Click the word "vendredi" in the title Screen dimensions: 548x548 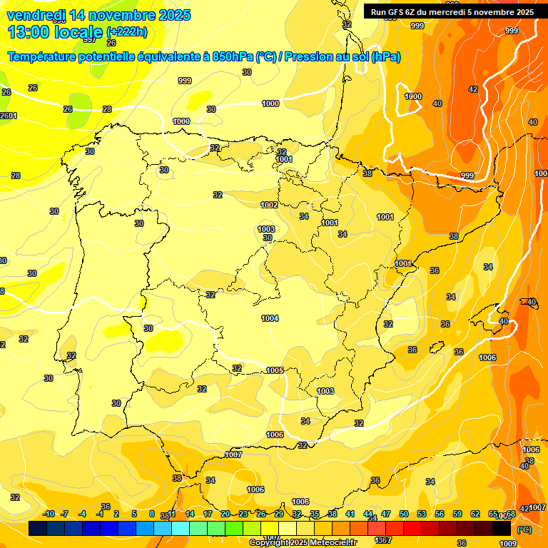point(37,15)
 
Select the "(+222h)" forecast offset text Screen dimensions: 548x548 point(126,32)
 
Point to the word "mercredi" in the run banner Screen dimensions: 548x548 point(456,12)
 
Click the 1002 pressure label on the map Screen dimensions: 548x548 point(269,205)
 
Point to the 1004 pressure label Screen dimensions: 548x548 point(270,318)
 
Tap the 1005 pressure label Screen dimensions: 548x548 point(275,370)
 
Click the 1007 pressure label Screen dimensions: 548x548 point(233,455)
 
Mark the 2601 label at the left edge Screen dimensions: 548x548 point(8,116)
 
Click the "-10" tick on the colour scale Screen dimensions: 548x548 point(49,514)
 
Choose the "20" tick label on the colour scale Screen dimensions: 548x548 point(225,514)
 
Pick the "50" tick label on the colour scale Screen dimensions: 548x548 point(404,514)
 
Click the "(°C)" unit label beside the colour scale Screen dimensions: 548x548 point(524,530)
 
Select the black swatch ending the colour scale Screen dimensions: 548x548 point(502,529)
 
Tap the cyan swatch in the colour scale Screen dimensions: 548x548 point(181,529)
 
